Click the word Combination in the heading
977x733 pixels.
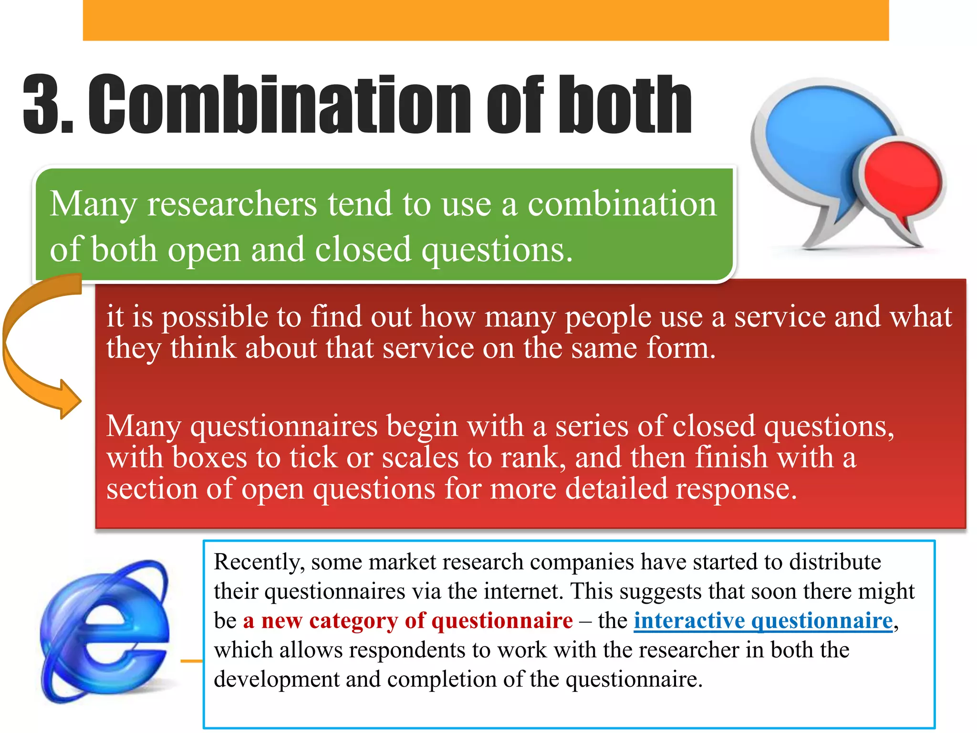279,105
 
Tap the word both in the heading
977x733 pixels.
625,105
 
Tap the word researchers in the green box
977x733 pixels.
232,204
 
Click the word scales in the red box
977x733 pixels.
420,458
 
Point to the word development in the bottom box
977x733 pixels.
276,680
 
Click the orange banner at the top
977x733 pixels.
486,20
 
